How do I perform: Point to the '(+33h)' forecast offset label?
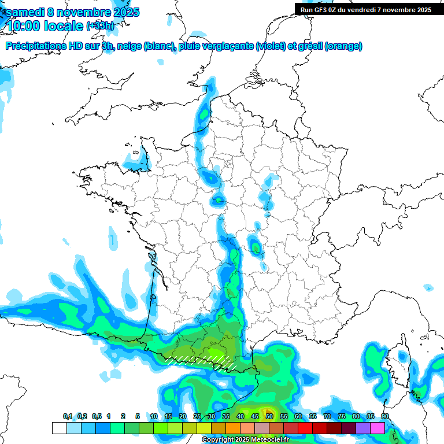click(x=99, y=26)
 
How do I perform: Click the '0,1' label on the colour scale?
click(x=67, y=416)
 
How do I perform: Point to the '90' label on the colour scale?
click(x=384, y=416)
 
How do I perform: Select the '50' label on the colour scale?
click(x=269, y=416)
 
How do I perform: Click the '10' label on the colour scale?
click(x=154, y=416)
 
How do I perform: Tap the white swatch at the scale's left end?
click(x=59, y=428)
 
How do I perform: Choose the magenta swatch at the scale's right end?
click(x=378, y=428)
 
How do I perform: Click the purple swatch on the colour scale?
click(x=363, y=428)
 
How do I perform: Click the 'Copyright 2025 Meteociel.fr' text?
click(x=245, y=440)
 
